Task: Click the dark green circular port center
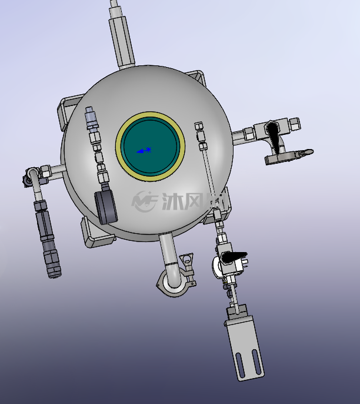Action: click(x=150, y=146)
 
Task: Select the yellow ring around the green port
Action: click(x=150, y=114)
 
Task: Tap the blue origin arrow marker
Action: click(x=144, y=150)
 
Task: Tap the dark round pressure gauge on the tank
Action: click(x=106, y=207)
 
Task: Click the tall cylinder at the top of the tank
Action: click(x=122, y=41)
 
